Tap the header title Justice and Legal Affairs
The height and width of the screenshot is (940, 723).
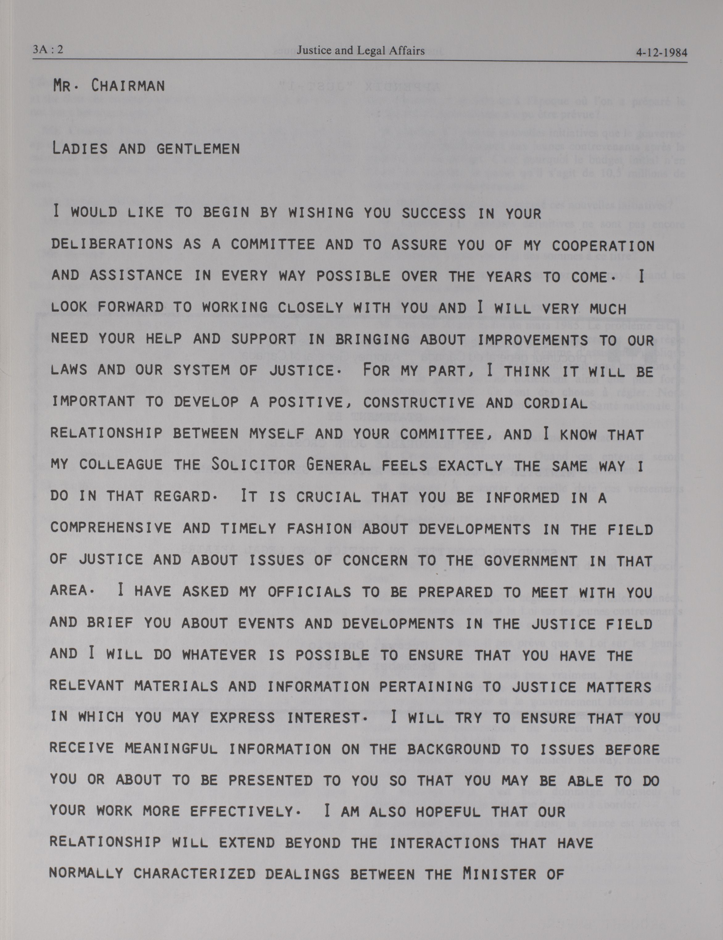pyautogui.click(x=360, y=51)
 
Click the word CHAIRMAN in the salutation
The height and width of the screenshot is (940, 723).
pyautogui.click(x=128, y=86)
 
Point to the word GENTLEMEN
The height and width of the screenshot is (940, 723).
pyautogui.click(x=198, y=149)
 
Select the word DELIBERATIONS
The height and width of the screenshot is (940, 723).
pyautogui.click(x=112, y=244)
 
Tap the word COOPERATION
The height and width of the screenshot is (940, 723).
pyautogui.click(x=603, y=246)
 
